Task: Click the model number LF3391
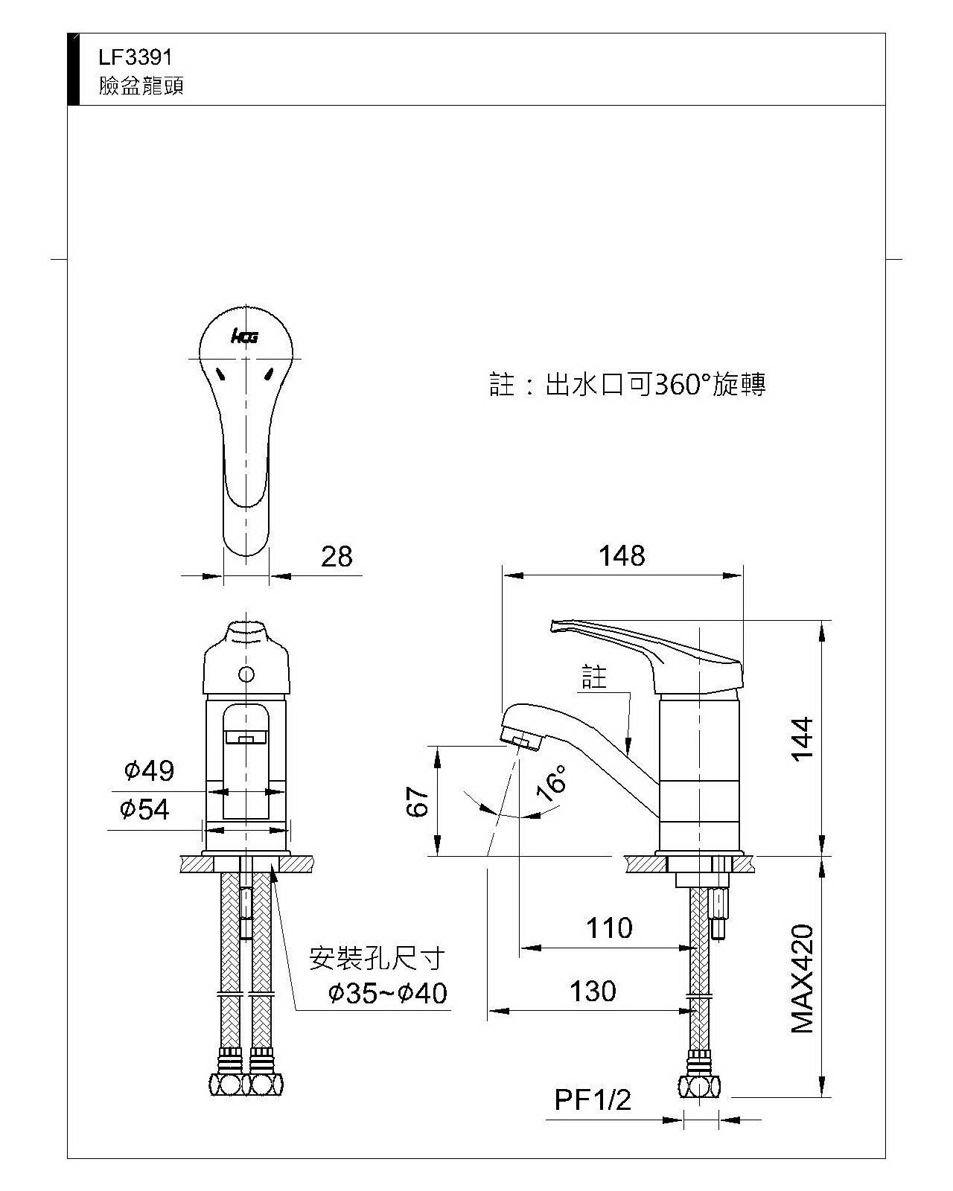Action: (x=136, y=57)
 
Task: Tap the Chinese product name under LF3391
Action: (x=141, y=86)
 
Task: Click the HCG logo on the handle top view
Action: (x=244, y=337)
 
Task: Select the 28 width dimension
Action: (x=337, y=557)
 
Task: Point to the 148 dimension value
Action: (x=622, y=556)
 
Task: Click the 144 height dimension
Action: (x=803, y=739)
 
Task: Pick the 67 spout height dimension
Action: (x=419, y=802)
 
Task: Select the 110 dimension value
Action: (x=609, y=928)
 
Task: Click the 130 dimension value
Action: (x=593, y=992)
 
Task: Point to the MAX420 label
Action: (x=803, y=979)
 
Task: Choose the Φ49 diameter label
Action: (x=149, y=770)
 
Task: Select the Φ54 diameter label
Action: (x=145, y=809)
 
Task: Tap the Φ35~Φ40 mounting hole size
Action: (x=388, y=993)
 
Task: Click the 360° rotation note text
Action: (x=628, y=385)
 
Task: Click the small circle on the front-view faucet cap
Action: (x=246, y=674)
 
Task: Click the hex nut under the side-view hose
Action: (x=699, y=1088)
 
